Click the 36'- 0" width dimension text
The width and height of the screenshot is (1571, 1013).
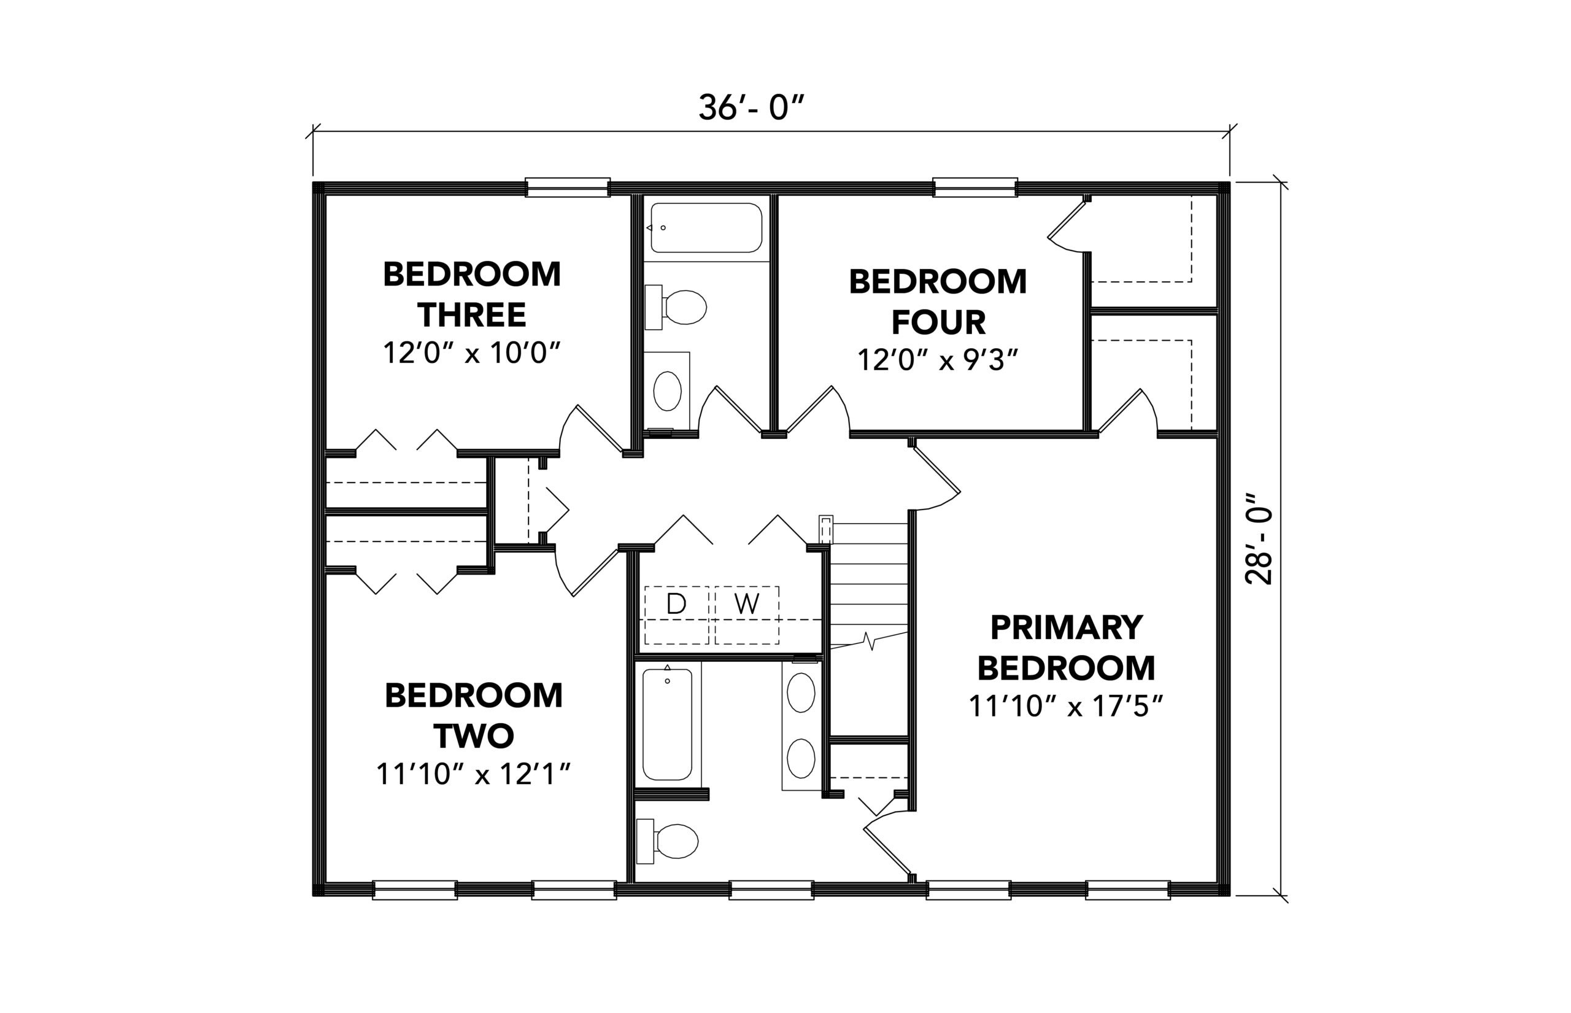click(751, 108)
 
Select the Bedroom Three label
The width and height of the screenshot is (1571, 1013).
click(472, 295)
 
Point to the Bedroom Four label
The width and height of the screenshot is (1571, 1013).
click(938, 302)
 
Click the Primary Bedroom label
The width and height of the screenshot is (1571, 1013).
click(1066, 648)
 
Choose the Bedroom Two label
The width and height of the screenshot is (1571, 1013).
click(473, 716)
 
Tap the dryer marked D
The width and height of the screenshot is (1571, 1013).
click(676, 615)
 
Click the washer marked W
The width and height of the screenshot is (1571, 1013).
click(747, 615)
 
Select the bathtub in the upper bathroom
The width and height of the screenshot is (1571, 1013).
click(706, 228)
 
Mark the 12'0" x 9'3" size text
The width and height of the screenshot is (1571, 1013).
click(938, 360)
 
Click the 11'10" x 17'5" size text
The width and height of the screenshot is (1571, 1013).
click(1066, 707)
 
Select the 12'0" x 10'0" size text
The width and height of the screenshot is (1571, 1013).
click(472, 353)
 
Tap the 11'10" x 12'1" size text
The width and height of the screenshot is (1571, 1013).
click(473, 774)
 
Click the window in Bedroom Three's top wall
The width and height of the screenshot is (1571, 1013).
click(568, 187)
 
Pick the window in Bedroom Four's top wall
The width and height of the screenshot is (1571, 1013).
click(976, 187)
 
